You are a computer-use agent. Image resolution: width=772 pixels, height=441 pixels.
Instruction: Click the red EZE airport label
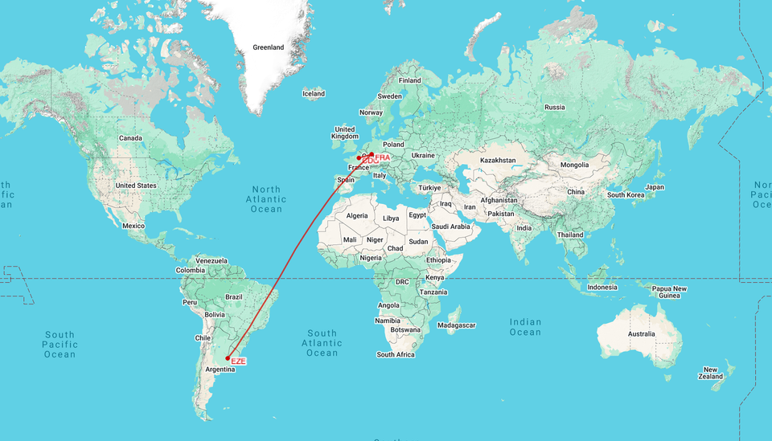click(238, 361)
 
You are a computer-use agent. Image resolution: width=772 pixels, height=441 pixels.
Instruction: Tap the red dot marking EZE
click(228, 358)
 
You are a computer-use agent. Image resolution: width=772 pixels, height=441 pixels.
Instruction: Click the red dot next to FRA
click(372, 154)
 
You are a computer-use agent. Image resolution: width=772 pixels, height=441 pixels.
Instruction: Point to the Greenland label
click(269, 47)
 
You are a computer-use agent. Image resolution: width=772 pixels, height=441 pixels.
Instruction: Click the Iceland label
click(314, 94)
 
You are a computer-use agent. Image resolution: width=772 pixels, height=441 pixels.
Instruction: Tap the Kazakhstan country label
click(497, 161)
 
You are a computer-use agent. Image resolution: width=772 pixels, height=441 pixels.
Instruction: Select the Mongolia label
click(575, 165)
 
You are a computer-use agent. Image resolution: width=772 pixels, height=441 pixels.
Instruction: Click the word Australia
click(641, 333)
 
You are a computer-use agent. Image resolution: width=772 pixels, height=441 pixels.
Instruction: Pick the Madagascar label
click(457, 325)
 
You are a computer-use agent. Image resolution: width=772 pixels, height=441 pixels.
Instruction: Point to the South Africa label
click(396, 354)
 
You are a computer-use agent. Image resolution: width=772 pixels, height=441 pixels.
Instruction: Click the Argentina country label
click(220, 370)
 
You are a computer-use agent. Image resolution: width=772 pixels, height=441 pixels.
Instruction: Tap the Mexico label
click(133, 226)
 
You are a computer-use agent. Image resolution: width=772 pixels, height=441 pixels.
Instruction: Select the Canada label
click(130, 138)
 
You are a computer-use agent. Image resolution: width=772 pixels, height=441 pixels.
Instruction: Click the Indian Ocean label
click(525, 327)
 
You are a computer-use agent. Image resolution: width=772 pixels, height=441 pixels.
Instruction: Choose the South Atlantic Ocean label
click(322, 343)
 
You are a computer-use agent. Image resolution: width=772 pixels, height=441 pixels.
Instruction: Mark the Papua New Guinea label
click(669, 292)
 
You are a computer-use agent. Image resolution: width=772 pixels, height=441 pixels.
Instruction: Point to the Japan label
click(655, 187)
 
